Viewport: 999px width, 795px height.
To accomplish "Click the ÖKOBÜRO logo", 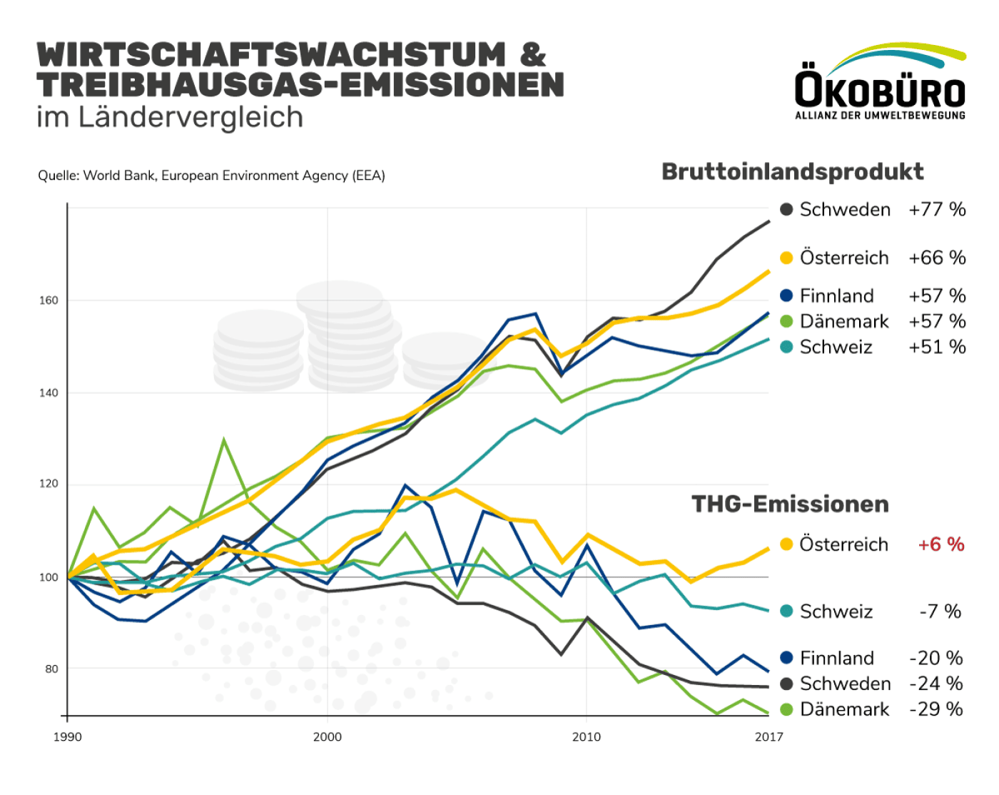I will click(x=880, y=82).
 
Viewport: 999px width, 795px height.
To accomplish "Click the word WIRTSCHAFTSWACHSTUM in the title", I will click(x=271, y=55).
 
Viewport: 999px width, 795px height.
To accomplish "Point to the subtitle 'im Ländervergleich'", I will click(x=170, y=118).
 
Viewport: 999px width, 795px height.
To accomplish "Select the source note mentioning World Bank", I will click(x=211, y=176).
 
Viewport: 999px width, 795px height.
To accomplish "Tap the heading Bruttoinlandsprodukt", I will click(x=792, y=172).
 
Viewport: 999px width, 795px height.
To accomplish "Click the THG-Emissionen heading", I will click(x=790, y=505).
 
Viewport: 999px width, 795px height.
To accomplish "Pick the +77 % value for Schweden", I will click(x=936, y=210).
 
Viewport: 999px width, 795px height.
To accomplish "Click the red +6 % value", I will click(x=940, y=545).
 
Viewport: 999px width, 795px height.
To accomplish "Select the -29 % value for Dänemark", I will click(x=935, y=709).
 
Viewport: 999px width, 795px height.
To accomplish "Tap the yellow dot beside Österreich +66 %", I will click(x=786, y=258).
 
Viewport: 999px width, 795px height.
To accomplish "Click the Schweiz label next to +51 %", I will click(x=836, y=348).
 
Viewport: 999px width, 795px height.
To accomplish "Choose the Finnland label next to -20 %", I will click(x=836, y=658).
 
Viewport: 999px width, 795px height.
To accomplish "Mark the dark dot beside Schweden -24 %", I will click(x=786, y=684).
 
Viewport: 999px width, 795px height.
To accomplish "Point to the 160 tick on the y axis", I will click(x=49, y=300).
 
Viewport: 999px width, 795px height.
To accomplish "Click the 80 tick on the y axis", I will click(x=51, y=669).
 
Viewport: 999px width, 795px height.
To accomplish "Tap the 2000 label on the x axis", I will click(x=327, y=737).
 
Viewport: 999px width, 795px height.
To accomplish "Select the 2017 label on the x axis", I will click(x=769, y=737).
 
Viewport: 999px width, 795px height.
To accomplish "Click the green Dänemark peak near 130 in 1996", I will click(x=224, y=440).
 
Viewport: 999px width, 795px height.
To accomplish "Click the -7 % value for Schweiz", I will click(x=940, y=612).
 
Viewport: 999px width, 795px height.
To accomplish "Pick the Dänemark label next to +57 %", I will click(x=844, y=322).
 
